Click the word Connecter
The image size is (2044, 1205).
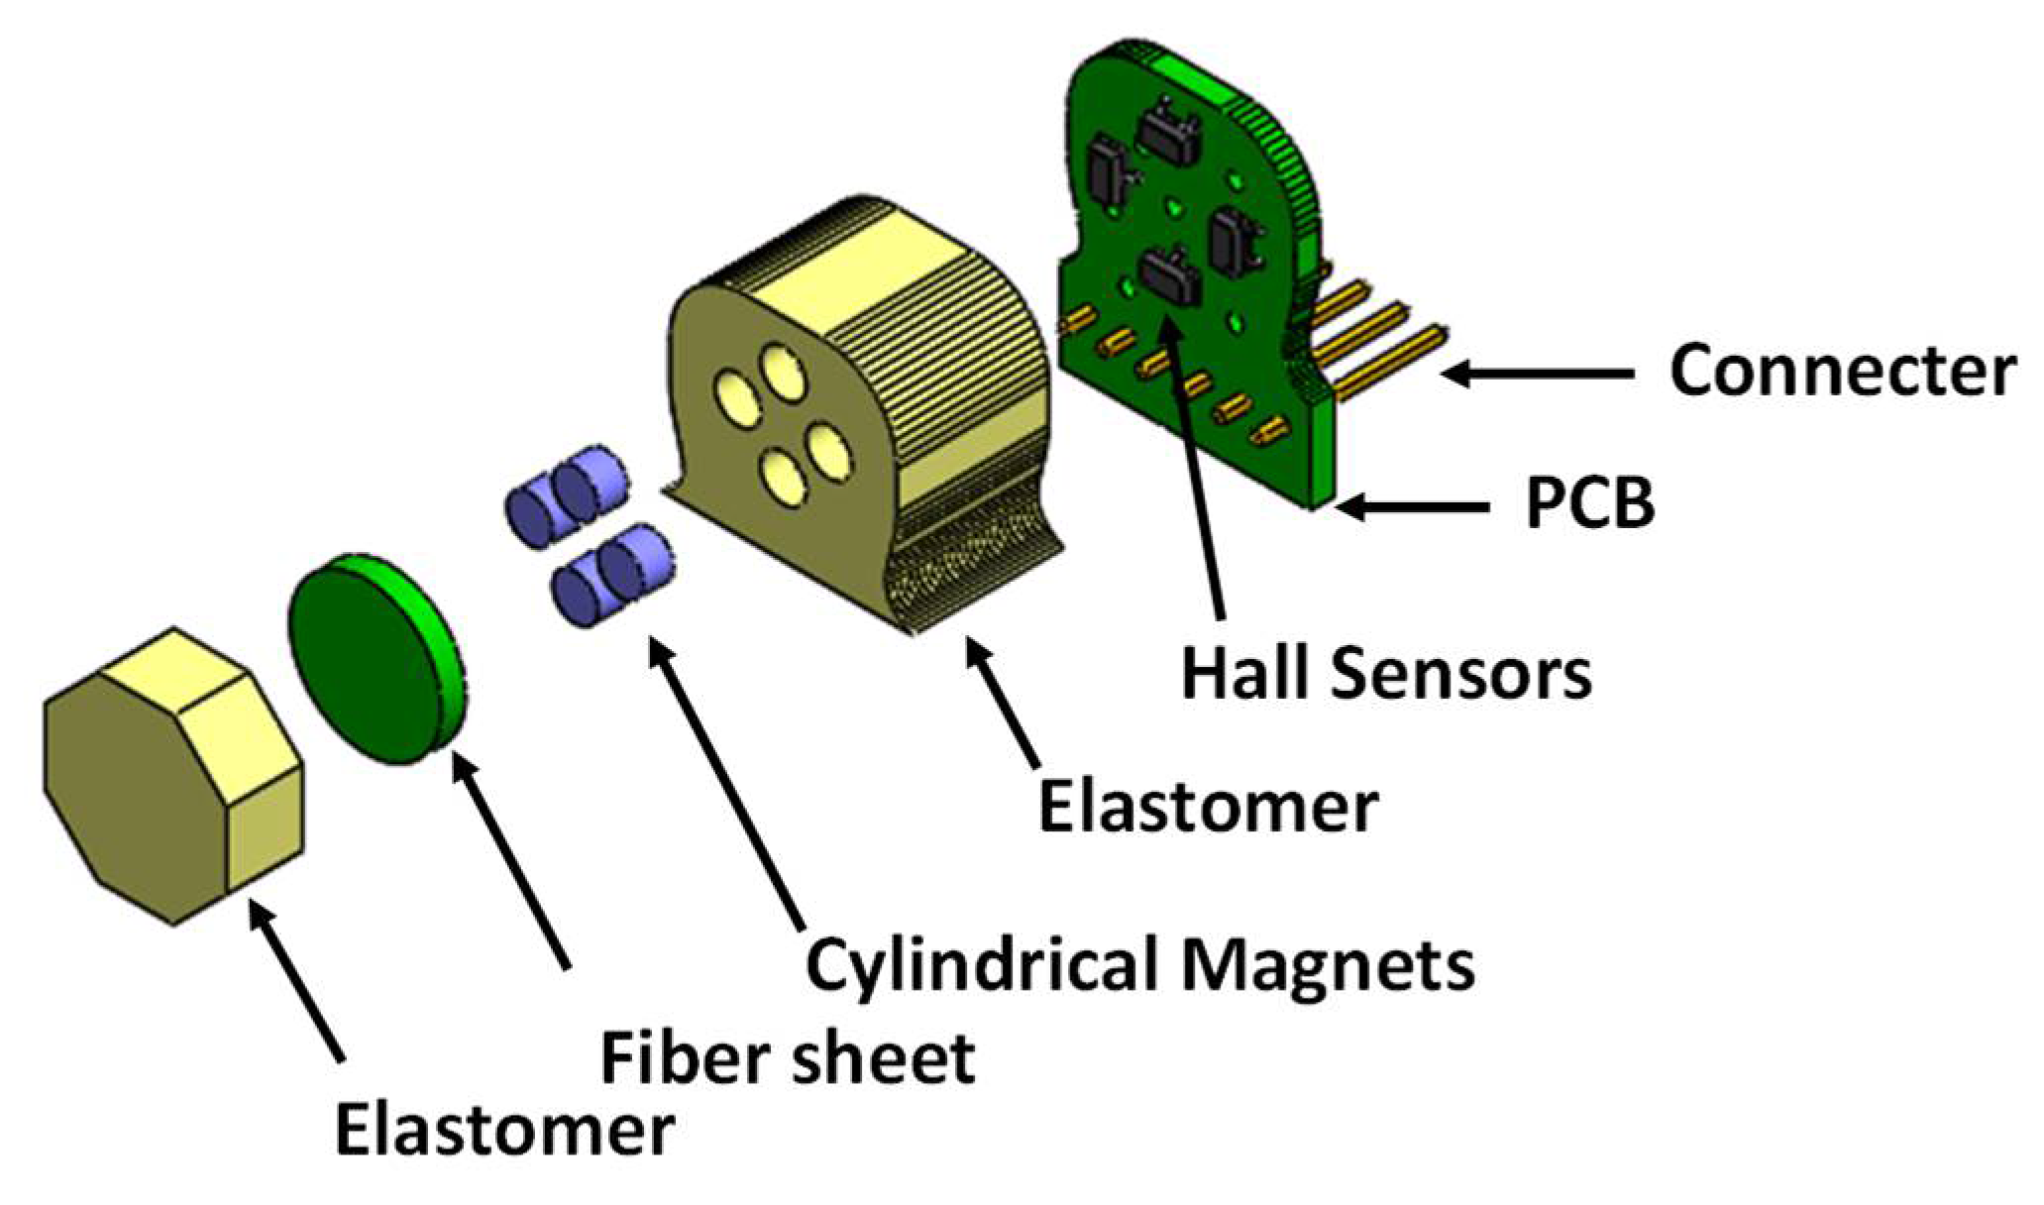coord(1842,372)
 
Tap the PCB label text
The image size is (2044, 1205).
coord(1589,503)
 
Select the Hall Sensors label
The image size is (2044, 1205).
coord(1386,674)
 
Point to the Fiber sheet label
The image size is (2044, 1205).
coord(788,1058)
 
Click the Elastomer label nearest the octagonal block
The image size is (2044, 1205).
coord(504,1130)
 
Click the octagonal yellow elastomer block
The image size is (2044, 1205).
coord(173,778)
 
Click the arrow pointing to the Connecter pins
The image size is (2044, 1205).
coord(1536,374)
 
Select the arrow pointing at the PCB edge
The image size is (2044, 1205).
coord(1412,506)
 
